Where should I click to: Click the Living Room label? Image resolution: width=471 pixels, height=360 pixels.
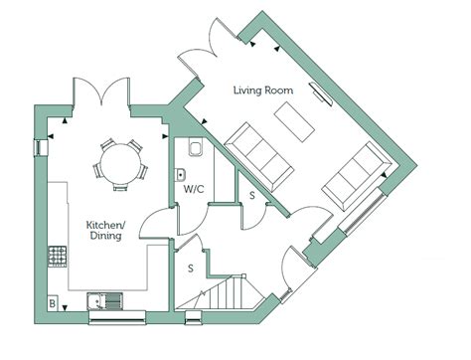pyautogui.click(x=263, y=90)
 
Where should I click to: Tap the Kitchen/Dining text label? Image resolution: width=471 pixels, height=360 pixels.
pyautogui.click(x=105, y=230)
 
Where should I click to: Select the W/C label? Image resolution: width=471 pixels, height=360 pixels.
pyautogui.click(x=194, y=189)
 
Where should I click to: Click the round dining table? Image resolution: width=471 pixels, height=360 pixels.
pyautogui.click(x=120, y=163)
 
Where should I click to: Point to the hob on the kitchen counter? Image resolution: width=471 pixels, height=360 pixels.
pyautogui.click(x=58, y=257)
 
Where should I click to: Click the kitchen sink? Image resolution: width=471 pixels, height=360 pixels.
pyautogui.click(x=104, y=301)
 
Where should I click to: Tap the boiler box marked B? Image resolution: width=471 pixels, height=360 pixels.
pyautogui.click(x=53, y=303)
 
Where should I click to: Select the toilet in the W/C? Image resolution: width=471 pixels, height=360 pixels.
pyautogui.click(x=195, y=146)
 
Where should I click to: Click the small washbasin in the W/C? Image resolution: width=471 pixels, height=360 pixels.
pyautogui.click(x=180, y=174)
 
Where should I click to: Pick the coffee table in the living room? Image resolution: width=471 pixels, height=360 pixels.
pyautogui.click(x=294, y=121)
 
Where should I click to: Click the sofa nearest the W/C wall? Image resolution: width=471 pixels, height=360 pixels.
pyautogui.click(x=258, y=156)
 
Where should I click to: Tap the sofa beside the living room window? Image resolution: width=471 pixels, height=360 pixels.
pyautogui.click(x=357, y=177)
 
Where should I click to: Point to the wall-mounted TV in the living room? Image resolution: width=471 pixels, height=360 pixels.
pyautogui.click(x=321, y=93)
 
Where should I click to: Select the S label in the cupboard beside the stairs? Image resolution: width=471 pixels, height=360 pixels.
pyautogui.click(x=191, y=269)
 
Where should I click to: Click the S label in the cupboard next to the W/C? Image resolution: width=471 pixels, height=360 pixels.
pyautogui.click(x=252, y=196)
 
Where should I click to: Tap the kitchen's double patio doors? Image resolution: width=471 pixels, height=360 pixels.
pyautogui.click(x=101, y=91)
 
